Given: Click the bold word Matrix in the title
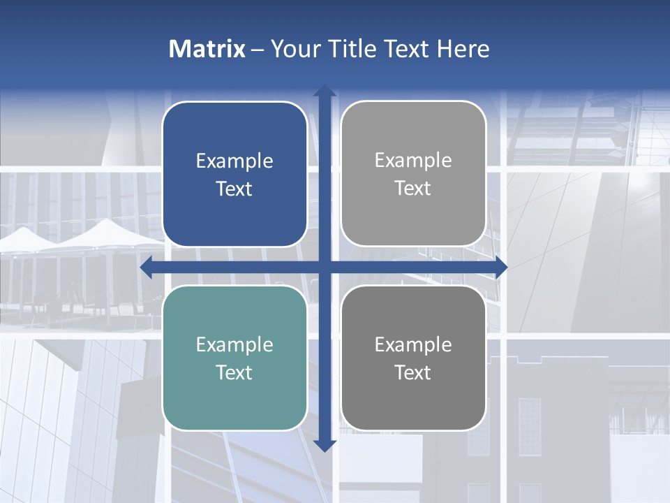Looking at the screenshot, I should click(x=207, y=49).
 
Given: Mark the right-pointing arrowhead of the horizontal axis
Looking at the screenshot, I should click(x=500, y=268).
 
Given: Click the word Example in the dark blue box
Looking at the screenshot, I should click(x=234, y=161).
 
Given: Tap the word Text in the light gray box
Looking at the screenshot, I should click(x=413, y=189).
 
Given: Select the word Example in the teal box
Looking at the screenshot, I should click(x=234, y=345).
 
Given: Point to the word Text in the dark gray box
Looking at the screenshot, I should click(x=413, y=372).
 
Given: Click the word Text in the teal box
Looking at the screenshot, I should click(x=234, y=372).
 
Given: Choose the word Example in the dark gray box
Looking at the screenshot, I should click(x=413, y=345).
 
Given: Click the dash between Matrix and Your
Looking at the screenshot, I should click(x=258, y=50).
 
